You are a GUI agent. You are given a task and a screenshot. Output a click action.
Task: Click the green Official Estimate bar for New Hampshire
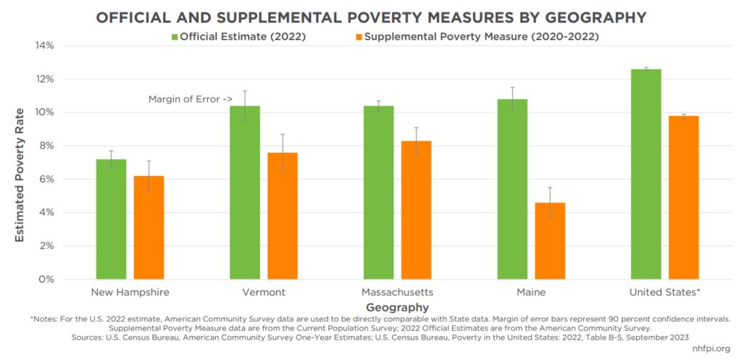click(111, 219)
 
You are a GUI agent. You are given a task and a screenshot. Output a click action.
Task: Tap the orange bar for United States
click(683, 197)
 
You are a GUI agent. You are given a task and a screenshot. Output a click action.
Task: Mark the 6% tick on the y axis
click(48, 179)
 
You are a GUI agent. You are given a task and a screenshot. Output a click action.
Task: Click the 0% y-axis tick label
click(48, 279)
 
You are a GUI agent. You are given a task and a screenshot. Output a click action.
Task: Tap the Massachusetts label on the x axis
click(397, 293)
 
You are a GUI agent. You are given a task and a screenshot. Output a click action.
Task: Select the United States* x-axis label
click(665, 293)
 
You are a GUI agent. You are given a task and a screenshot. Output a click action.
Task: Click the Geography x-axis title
click(398, 307)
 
